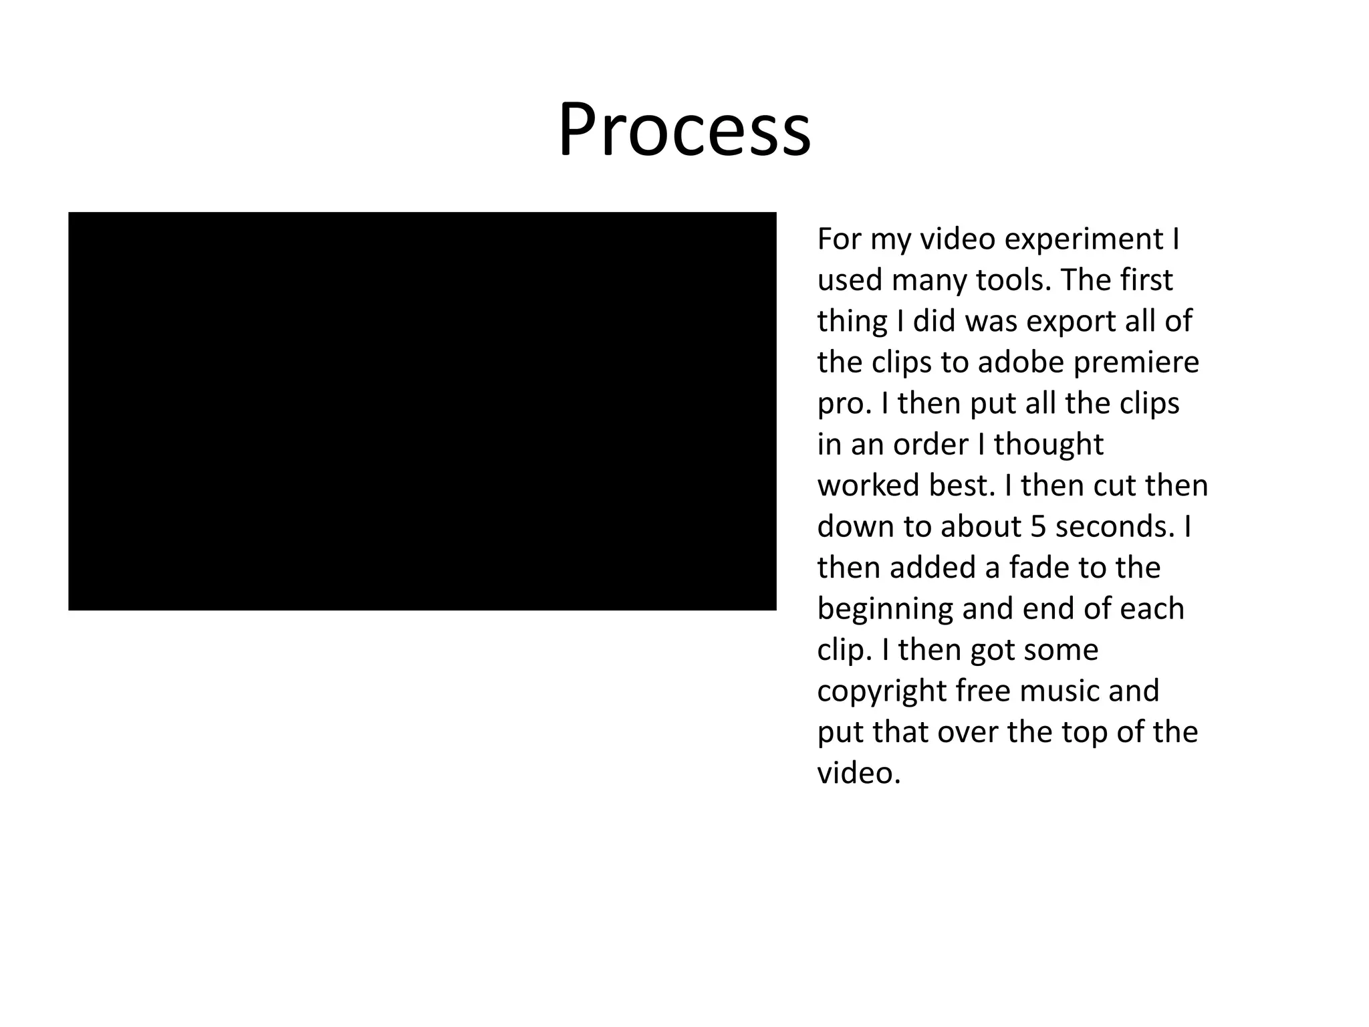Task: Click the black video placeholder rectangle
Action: [422, 411]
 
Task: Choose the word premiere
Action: [1136, 363]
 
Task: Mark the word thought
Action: [1048, 445]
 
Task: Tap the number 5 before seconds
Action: [1037, 528]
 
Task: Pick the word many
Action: [928, 281]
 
